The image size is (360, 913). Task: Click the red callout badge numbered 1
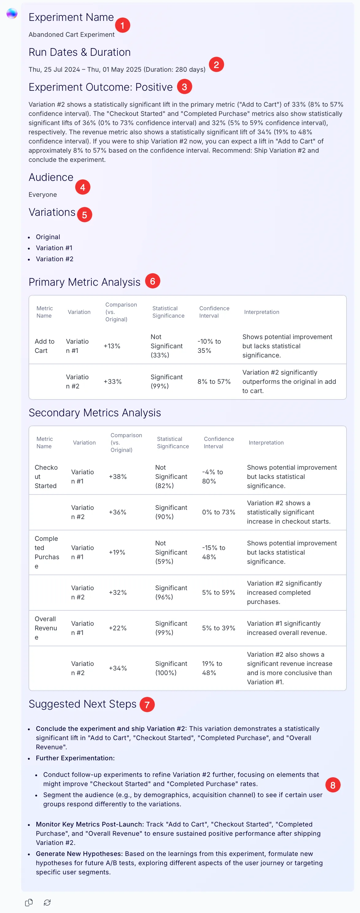[x=123, y=25]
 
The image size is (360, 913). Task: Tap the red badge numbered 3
[x=184, y=86]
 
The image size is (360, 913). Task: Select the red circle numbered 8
[x=333, y=785]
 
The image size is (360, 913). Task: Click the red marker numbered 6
[x=153, y=281]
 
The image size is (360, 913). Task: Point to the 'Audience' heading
[x=51, y=177]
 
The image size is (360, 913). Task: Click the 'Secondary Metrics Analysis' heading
[x=95, y=413]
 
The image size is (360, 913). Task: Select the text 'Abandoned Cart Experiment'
[x=71, y=34]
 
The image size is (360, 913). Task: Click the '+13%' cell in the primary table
[x=112, y=346]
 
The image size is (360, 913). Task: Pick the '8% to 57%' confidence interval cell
[x=214, y=381]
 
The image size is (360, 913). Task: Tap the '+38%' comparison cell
[x=118, y=477]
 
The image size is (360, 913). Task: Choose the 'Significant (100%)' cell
[x=171, y=668]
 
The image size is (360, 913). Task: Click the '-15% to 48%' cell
[x=214, y=552]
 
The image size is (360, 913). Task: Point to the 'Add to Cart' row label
[x=45, y=346]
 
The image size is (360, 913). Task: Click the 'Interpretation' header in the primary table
[x=262, y=312]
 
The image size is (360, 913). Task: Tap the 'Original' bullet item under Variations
[x=48, y=237]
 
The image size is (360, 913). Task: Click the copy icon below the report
[x=29, y=902]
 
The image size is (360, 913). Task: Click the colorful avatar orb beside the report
[x=12, y=13]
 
